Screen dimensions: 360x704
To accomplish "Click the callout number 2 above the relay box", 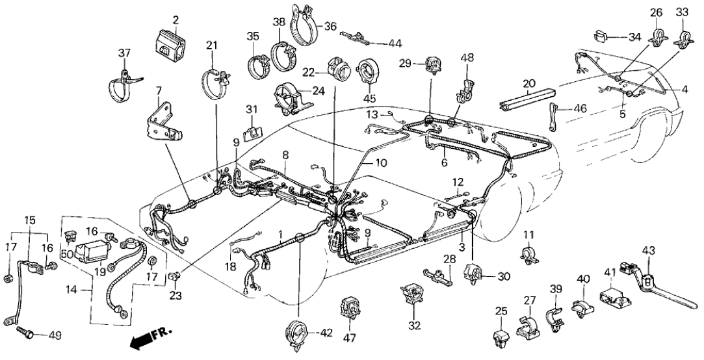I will point(175,20).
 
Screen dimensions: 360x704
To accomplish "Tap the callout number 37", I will point(124,53).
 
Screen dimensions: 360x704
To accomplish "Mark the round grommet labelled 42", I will point(299,333).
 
